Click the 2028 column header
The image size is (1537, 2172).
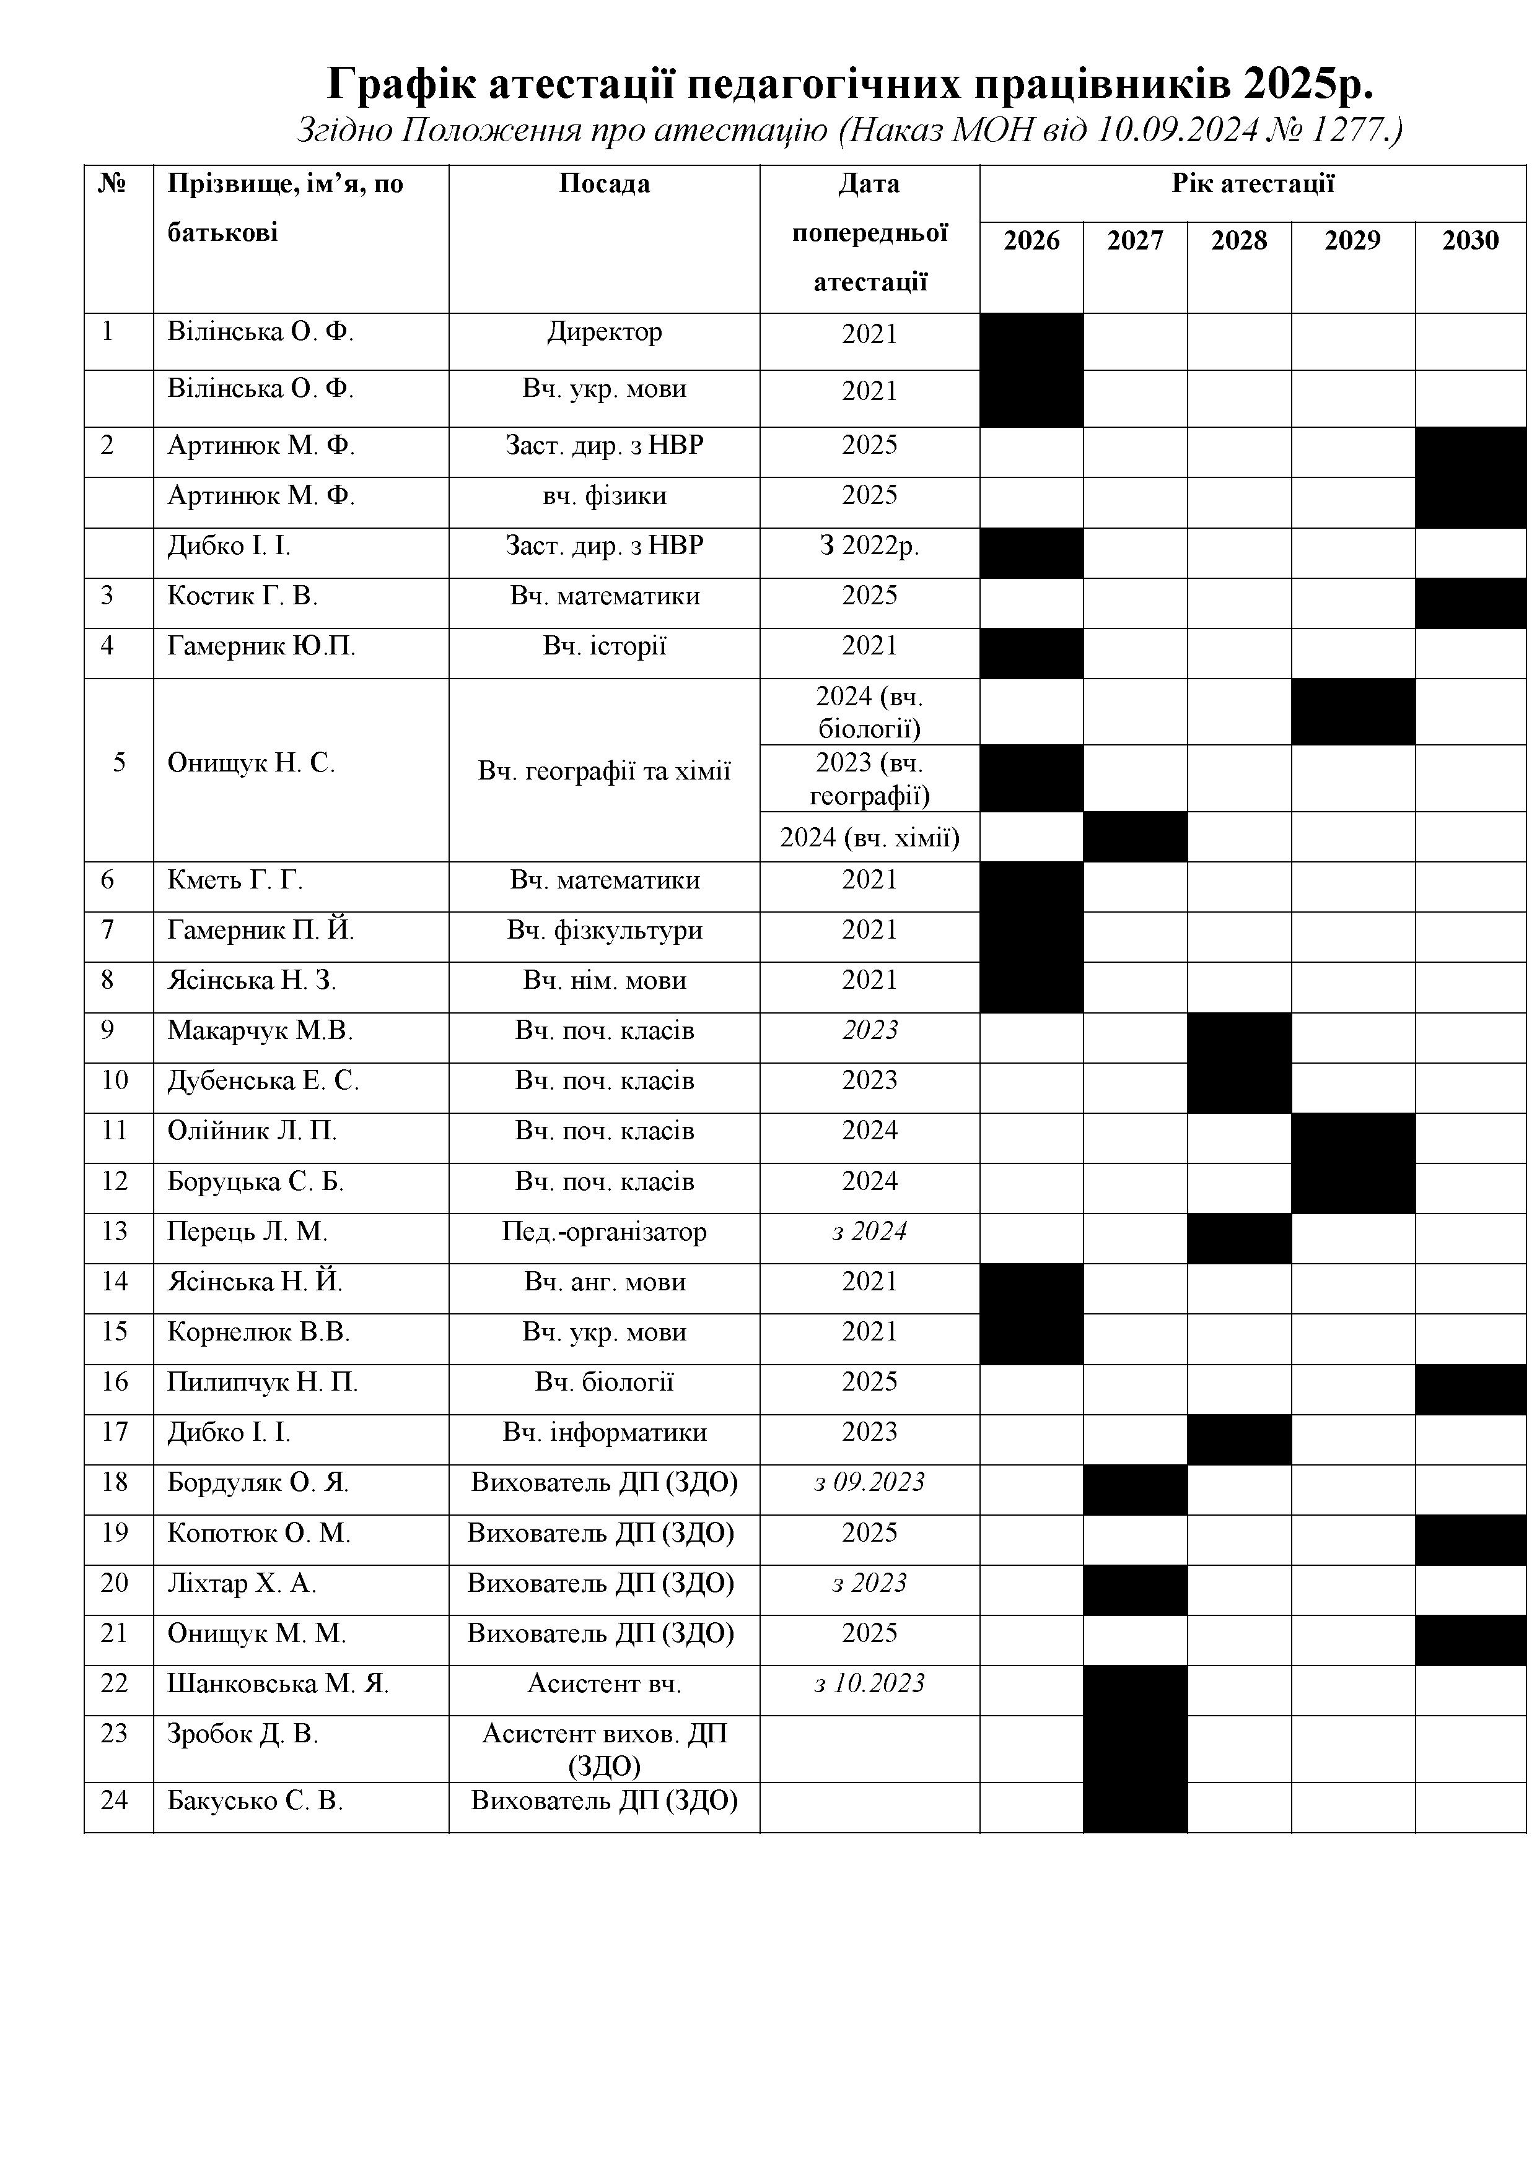[1239, 241]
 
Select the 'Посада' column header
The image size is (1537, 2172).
[604, 183]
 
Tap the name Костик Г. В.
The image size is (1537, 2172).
[242, 596]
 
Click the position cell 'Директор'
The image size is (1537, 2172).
[604, 332]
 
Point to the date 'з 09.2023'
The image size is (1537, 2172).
[869, 1482]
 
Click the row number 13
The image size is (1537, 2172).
[113, 1232]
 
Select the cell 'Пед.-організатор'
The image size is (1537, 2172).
[604, 1232]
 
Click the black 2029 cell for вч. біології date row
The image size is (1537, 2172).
[1352, 711]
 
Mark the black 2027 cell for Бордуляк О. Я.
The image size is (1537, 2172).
[1135, 1490]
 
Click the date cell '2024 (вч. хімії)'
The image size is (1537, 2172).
[869, 837]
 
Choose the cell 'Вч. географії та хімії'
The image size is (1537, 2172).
[604, 771]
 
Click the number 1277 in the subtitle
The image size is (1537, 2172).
[1342, 129]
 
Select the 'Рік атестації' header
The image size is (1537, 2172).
[1252, 183]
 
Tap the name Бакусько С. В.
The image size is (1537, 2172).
[255, 1801]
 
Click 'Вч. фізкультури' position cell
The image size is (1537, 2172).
[604, 931]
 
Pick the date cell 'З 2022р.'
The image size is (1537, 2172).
[869, 546]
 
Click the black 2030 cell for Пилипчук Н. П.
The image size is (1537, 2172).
[1470, 1389]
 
